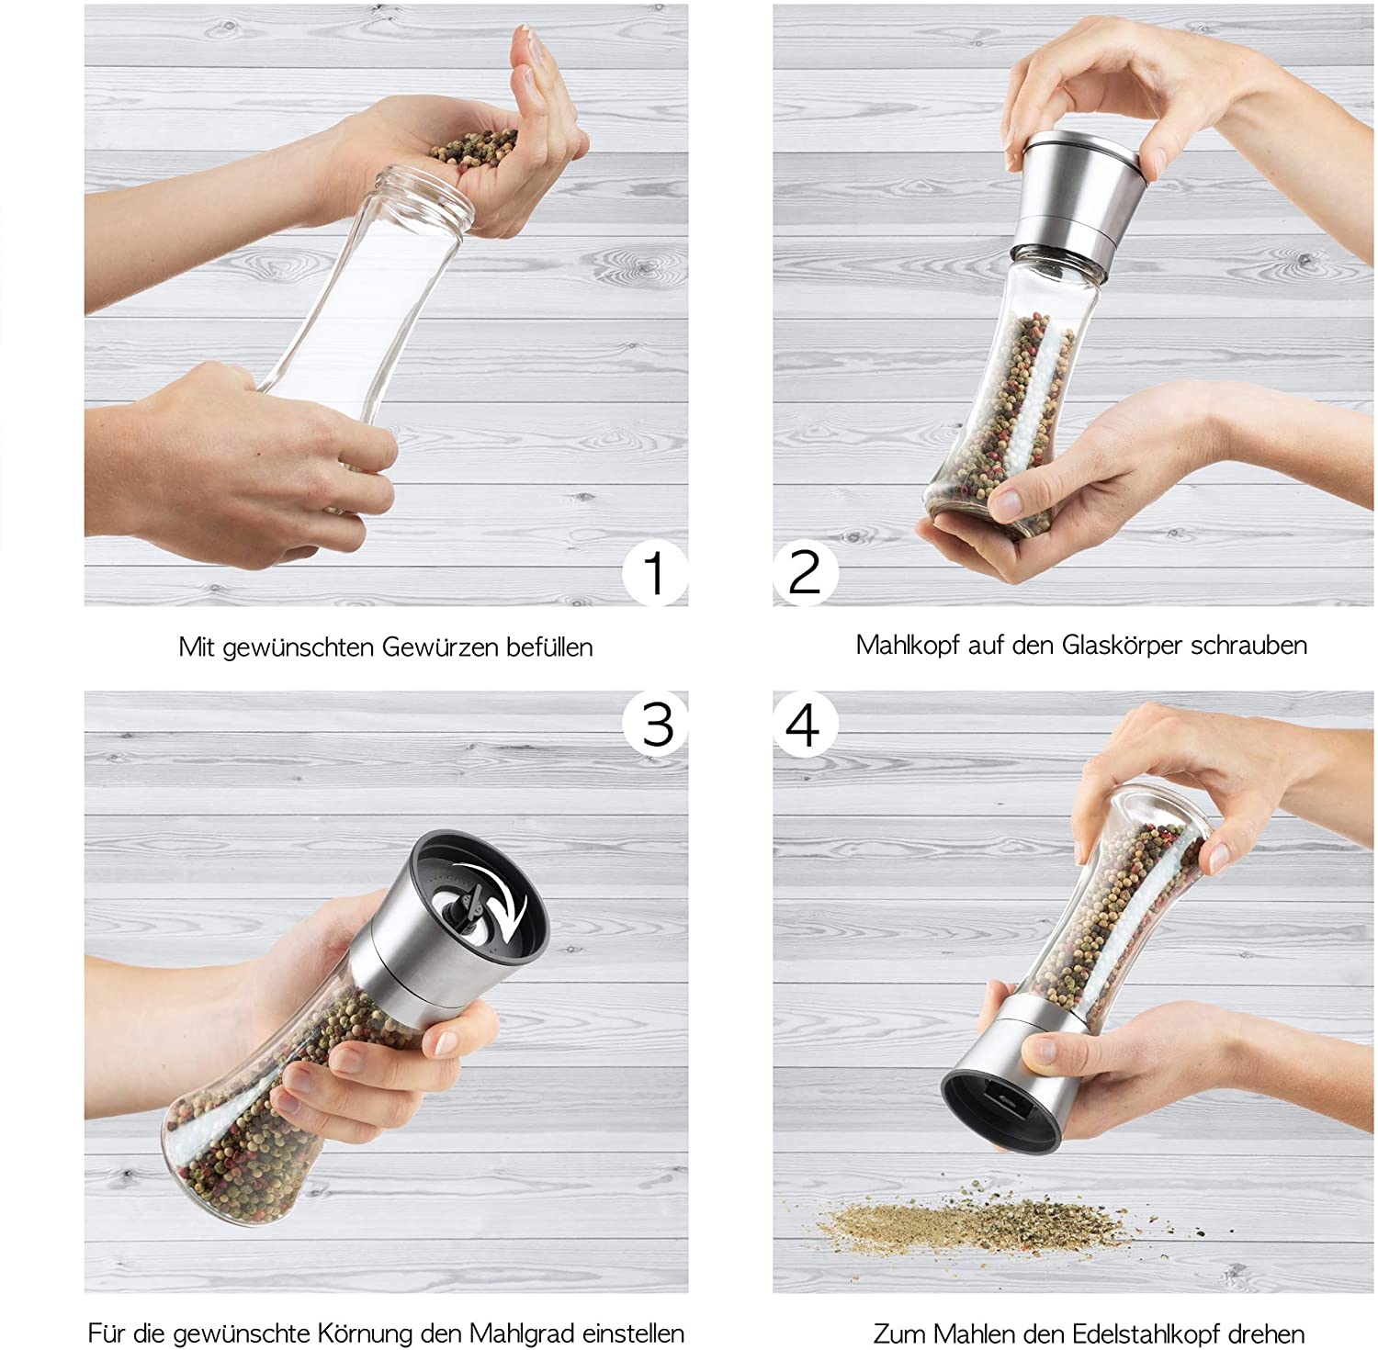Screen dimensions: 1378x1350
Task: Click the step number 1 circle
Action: click(655, 573)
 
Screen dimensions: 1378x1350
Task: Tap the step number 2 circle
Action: click(805, 573)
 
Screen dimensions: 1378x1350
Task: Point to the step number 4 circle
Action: click(805, 725)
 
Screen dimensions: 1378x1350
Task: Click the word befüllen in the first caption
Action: click(549, 647)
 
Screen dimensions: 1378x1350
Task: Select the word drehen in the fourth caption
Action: click(1272, 1333)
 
